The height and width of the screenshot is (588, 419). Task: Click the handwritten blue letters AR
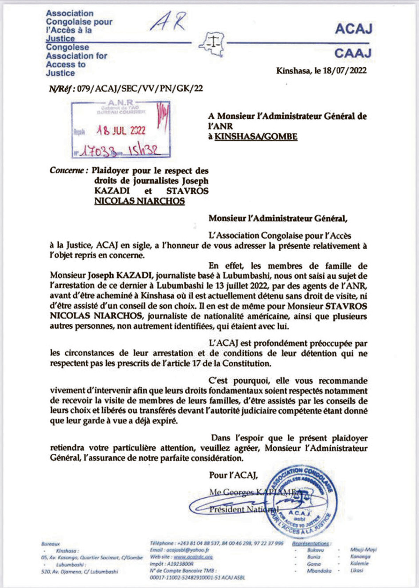(x=169, y=22)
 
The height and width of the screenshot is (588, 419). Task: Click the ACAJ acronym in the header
(x=353, y=29)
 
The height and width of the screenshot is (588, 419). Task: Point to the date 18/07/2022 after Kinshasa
(x=344, y=70)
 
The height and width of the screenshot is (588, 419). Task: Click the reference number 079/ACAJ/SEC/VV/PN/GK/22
(x=140, y=88)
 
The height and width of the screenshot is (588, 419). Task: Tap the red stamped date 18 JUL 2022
(x=121, y=131)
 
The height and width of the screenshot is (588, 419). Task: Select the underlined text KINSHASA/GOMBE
(x=256, y=136)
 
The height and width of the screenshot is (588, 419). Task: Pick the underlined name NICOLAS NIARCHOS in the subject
(x=139, y=201)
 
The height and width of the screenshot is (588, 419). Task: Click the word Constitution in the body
(x=247, y=363)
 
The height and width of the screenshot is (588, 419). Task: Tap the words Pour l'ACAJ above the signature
(x=233, y=475)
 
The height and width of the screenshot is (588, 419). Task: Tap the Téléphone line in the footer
(x=216, y=543)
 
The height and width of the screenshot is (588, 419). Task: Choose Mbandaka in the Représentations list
(x=319, y=571)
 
